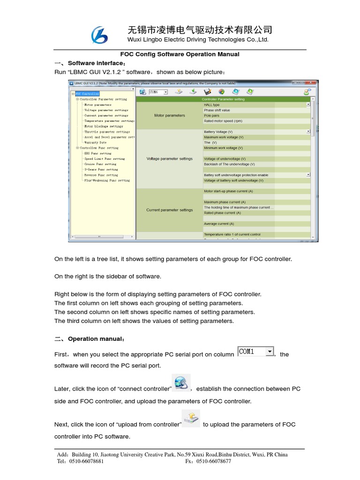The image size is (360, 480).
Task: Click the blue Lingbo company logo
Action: click(99, 36)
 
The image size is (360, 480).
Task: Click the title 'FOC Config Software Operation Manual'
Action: click(180, 54)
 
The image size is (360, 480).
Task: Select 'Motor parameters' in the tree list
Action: click(97, 105)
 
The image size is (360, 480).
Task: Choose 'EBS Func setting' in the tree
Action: click(97, 153)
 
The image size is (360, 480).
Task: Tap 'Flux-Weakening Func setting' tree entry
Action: click(107, 180)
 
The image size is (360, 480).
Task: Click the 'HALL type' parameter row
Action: click(212, 105)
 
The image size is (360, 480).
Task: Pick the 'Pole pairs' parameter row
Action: click(211, 116)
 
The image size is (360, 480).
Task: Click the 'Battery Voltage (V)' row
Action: click(218, 132)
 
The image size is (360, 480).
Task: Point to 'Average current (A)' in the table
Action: click(219, 224)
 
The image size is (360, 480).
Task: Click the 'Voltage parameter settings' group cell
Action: click(169, 159)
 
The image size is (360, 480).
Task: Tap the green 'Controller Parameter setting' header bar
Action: click(223, 99)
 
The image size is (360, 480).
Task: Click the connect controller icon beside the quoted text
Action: click(180, 383)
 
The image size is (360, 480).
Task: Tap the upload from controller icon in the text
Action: click(191, 418)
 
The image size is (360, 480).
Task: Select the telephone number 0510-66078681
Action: click(87, 461)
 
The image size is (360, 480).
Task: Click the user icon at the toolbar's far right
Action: click(307, 92)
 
